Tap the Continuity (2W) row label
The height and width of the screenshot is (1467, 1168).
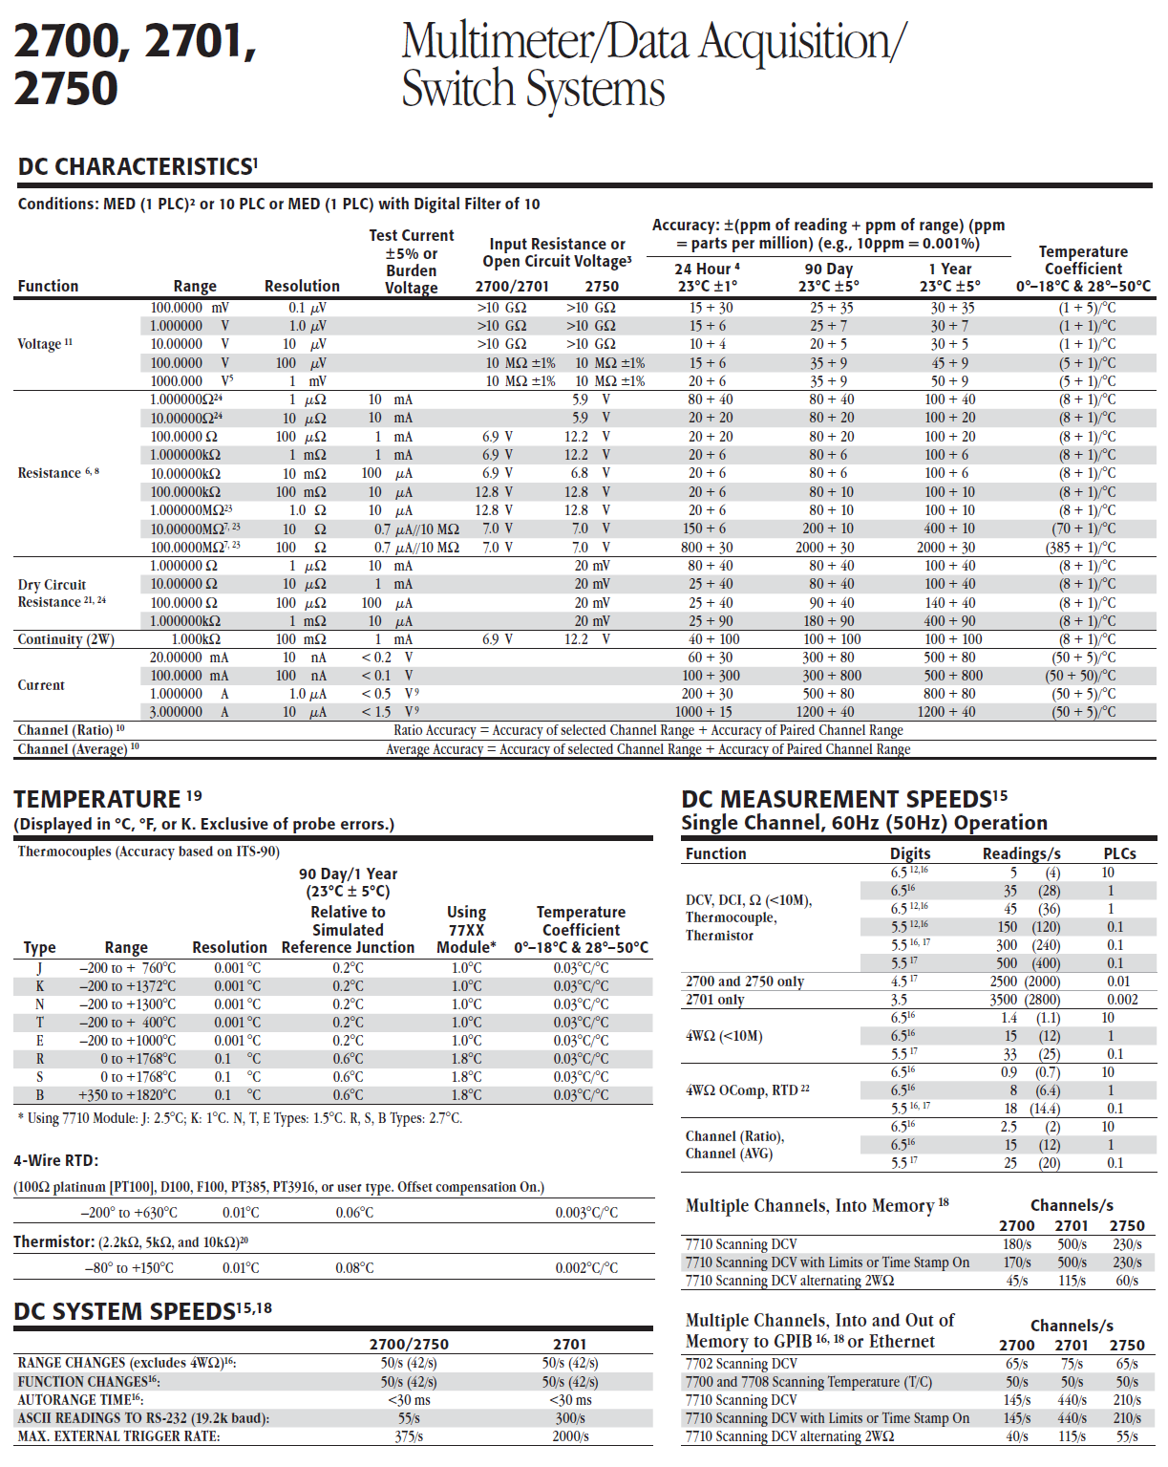coord(66,639)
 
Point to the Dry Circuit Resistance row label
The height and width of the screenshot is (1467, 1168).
coord(61,593)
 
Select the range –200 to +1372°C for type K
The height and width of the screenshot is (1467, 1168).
coord(127,986)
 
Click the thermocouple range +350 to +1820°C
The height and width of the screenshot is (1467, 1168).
coord(127,1095)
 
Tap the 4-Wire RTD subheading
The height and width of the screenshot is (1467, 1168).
coord(55,1161)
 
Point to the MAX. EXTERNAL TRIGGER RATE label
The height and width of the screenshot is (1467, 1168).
coord(118,1436)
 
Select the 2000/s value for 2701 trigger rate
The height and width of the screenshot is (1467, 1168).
coord(570,1436)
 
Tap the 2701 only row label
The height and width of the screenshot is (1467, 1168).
coord(714,1000)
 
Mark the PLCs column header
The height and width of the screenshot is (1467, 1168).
coord(1119,853)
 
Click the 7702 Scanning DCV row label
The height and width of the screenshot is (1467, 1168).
coord(741,1364)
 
